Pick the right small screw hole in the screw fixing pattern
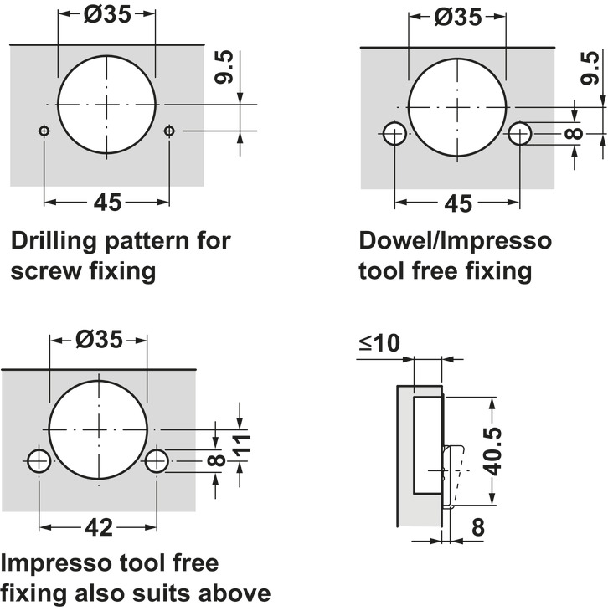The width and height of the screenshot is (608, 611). (170, 131)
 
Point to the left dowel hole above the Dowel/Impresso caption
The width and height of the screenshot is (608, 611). (394, 132)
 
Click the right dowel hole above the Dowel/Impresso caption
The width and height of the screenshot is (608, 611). (521, 132)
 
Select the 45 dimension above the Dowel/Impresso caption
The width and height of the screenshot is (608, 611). (457, 203)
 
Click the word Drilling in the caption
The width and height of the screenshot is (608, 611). (56, 242)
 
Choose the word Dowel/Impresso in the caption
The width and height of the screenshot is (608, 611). (456, 242)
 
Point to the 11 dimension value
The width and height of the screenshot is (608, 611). (241, 446)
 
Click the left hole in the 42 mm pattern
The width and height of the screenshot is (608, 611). (38, 460)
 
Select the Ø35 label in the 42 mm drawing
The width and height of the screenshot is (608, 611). (99, 339)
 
